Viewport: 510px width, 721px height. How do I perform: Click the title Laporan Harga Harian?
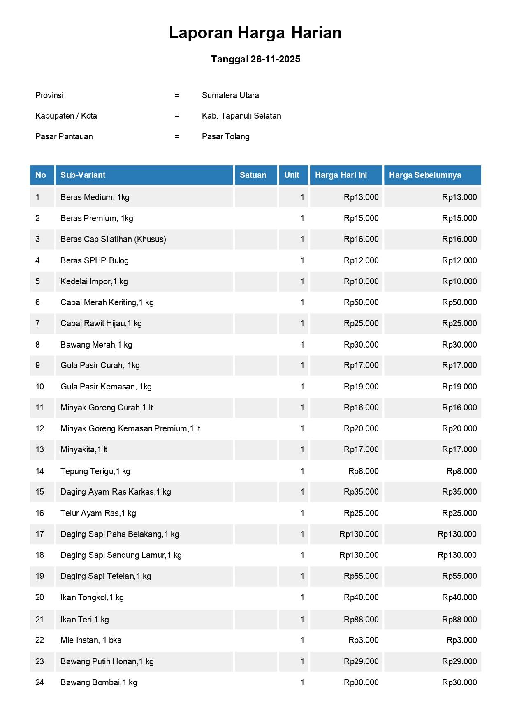tap(255, 33)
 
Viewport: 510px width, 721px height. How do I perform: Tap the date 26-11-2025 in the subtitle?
tap(275, 59)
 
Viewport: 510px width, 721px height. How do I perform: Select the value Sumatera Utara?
tap(230, 95)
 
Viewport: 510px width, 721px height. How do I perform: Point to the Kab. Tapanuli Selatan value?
tap(241, 116)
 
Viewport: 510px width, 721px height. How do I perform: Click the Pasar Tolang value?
tap(225, 136)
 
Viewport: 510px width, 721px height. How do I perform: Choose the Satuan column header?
tap(253, 175)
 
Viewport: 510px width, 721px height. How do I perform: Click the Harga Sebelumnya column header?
tap(425, 175)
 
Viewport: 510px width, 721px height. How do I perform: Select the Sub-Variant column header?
tap(83, 175)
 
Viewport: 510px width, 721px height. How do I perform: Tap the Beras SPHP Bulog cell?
tap(95, 260)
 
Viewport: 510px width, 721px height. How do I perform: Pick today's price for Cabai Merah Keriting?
tap(361, 302)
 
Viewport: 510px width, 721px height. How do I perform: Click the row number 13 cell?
tap(40, 449)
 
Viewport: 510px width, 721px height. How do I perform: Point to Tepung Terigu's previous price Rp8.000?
tap(461, 471)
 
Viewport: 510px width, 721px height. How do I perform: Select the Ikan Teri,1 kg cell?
tap(85, 620)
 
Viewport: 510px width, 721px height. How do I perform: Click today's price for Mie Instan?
tap(363, 640)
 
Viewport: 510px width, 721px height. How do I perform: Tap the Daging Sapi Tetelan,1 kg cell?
tap(106, 576)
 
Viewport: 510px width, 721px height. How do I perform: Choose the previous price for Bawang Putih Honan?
tap(459, 661)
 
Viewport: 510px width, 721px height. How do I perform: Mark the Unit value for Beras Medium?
tap(302, 197)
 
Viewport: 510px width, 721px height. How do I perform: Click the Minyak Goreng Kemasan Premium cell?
tap(130, 428)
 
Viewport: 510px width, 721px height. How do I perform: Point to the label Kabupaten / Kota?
tap(66, 116)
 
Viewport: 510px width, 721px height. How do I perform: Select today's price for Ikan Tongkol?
tap(361, 597)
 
